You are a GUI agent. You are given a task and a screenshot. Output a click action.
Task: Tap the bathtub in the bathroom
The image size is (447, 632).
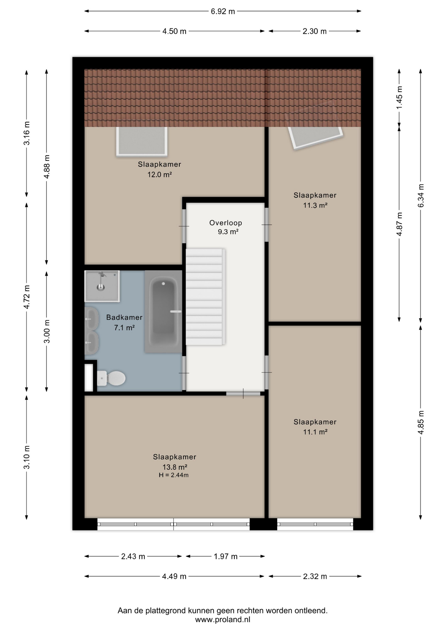(x=163, y=312)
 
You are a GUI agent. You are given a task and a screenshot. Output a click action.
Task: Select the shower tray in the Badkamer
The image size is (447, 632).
(x=102, y=286)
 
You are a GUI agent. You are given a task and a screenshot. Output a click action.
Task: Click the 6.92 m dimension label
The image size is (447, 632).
(x=223, y=12)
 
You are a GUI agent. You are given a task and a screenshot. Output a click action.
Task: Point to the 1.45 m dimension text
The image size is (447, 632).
(x=399, y=98)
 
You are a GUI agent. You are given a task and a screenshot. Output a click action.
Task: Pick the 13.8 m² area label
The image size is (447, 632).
(x=175, y=467)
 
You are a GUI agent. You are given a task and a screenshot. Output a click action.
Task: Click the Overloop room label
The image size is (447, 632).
(x=226, y=223)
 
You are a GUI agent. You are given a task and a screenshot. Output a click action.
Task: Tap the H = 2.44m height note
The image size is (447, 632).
(x=173, y=475)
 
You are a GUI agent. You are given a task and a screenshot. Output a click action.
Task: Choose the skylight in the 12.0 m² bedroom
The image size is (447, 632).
(x=142, y=141)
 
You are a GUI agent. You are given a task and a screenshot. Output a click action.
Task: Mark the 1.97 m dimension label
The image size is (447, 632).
(x=225, y=556)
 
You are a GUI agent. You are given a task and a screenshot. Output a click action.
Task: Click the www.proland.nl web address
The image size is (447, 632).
(x=223, y=619)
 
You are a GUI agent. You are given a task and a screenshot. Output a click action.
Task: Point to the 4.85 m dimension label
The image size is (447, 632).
(x=421, y=422)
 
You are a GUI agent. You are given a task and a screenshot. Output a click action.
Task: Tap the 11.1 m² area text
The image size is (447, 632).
(x=315, y=432)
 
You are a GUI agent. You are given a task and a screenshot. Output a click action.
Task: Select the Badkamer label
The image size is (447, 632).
(x=124, y=317)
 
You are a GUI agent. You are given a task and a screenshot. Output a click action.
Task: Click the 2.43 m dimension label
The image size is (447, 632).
(x=133, y=556)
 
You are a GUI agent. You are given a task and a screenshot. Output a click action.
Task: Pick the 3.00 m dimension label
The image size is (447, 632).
(x=47, y=331)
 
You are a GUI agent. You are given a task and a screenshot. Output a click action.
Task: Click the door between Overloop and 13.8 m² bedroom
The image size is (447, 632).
(x=243, y=393)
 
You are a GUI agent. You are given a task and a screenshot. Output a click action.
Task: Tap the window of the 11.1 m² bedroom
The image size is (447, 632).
(x=315, y=524)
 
